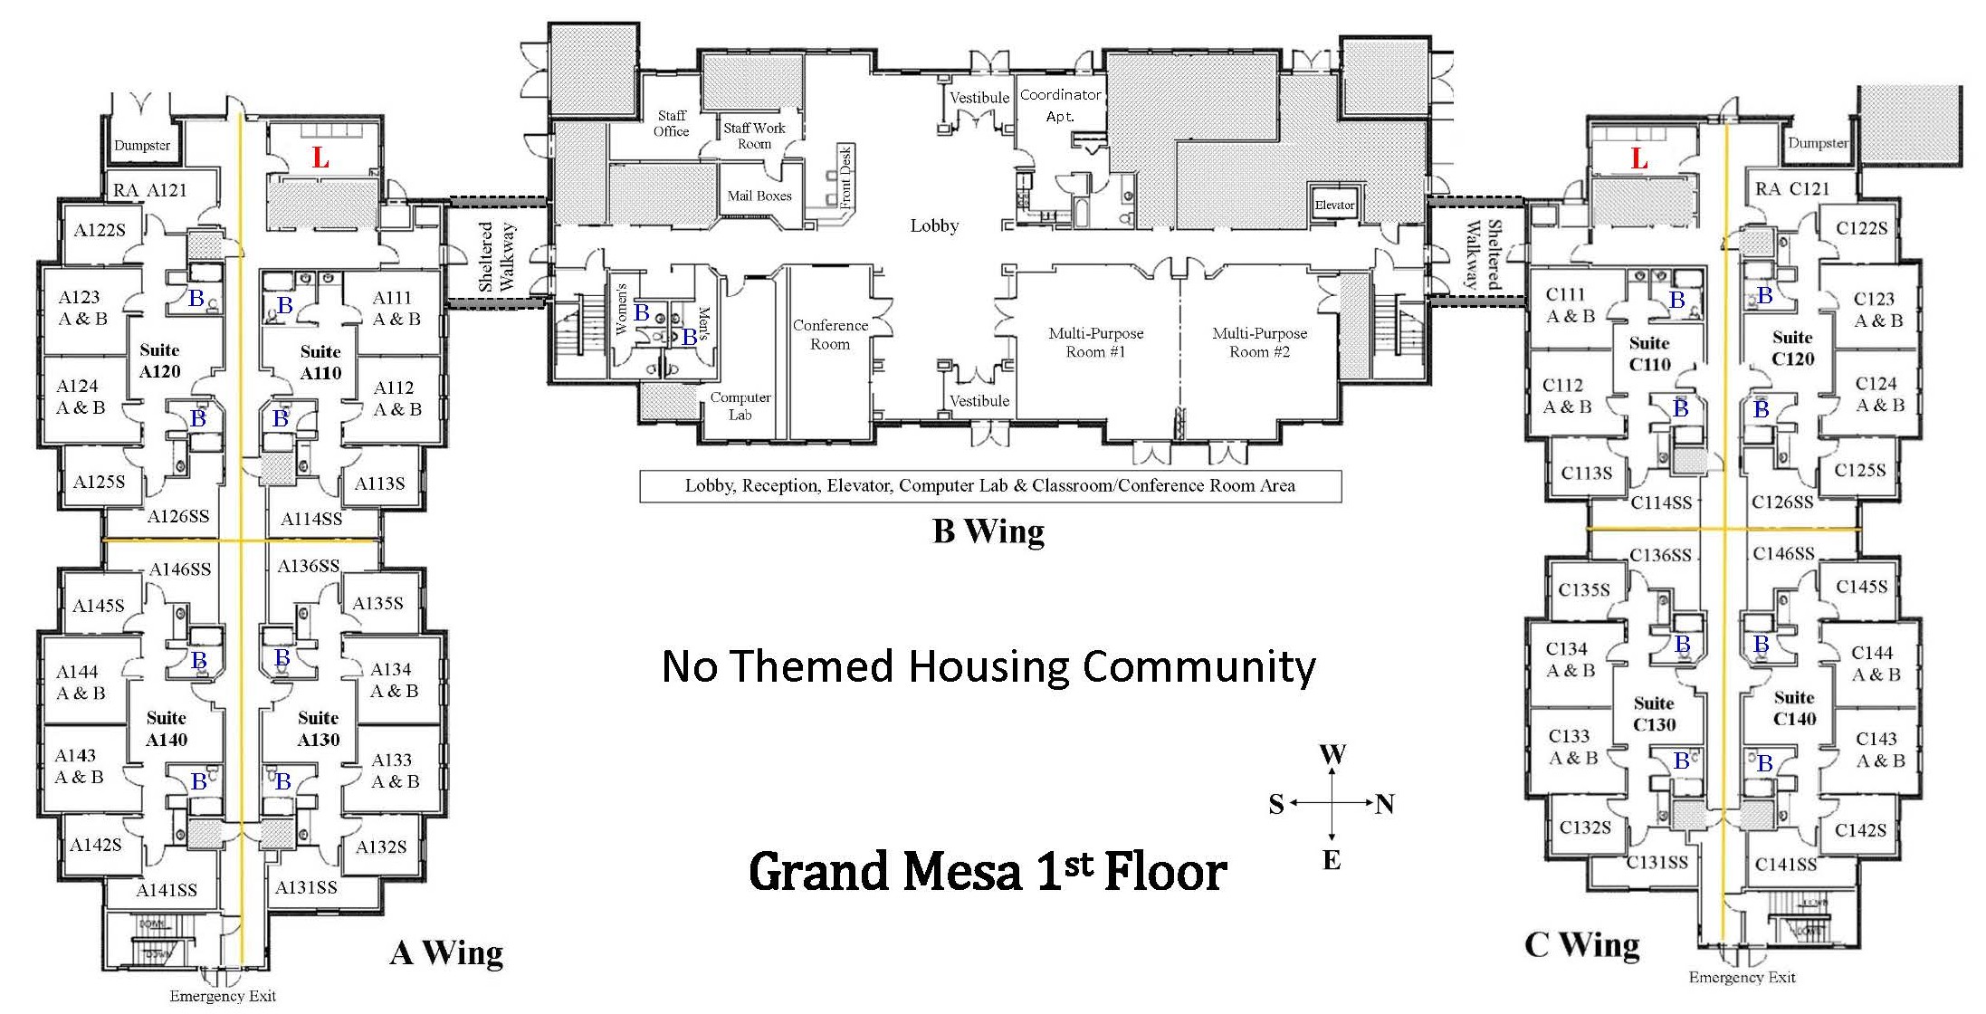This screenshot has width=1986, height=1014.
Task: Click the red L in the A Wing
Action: coord(320,158)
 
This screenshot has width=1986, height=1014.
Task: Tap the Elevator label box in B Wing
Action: coord(1334,205)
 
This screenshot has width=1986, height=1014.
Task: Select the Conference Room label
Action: coord(830,334)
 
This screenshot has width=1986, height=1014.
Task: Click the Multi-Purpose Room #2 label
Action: coord(1259,342)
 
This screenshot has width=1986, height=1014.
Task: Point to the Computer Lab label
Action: coord(740,406)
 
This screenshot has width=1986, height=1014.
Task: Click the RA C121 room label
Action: coord(1791,188)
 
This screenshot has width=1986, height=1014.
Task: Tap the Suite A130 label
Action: coord(319,729)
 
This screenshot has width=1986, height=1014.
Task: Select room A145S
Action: coord(99,605)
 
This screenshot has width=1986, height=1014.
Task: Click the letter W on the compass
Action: coord(1332,755)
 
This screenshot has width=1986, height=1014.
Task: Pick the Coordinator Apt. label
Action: coord(1061,105)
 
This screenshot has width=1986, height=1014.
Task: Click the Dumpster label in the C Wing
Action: coord(1817,143)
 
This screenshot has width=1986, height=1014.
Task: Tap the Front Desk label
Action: coord(845,177)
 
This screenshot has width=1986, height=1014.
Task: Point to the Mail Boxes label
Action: coord(759,196)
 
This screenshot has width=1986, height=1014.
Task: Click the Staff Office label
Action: coord(672,123)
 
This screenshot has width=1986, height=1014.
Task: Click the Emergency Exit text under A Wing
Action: coord(223,996)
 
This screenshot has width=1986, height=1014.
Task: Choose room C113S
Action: coord(1586,473)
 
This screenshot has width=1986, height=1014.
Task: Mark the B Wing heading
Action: coord(988,531)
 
